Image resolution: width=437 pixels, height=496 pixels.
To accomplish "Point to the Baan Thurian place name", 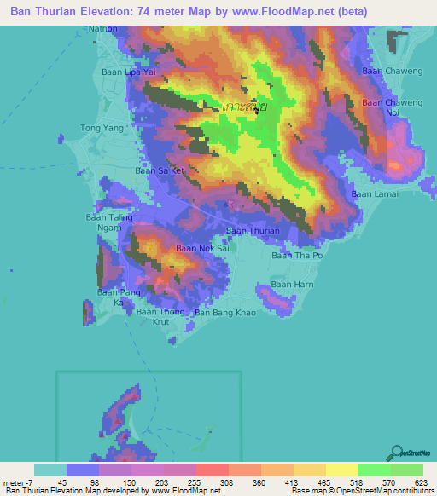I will click(x=253, y=231).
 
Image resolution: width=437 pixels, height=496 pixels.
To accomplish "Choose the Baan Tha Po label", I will click(x=297, y=255).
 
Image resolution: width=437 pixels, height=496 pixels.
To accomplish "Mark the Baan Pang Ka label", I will click(x=116, y=297).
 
